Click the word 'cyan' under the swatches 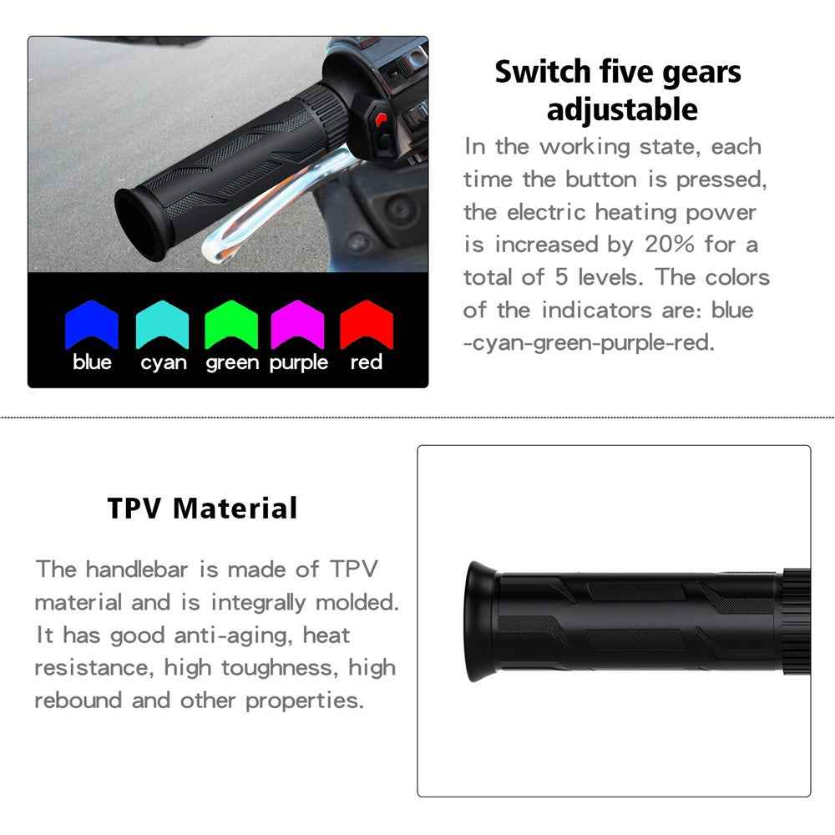point(163,362)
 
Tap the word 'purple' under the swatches point(298,363)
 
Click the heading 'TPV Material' point(202,508)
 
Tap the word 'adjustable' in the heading point(622,109)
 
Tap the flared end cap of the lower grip point(480,621)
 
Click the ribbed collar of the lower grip point(796,623)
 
